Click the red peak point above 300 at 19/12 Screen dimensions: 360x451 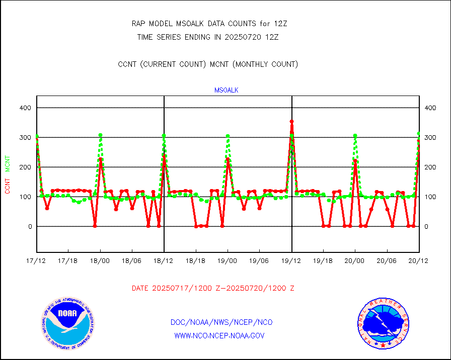pyautogui.click(x=291, y=122)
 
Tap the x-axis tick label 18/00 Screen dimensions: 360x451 pyautogui.click(x=100, y=260)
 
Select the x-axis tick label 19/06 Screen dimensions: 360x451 pyautogui.click(x=260, y=260)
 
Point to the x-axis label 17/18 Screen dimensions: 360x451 pyautogui.click(x=68, y=260)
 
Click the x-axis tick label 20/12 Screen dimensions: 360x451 pyautogui.click(x=419, y=260)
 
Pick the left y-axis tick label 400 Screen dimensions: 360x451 pyautogui.click(x=26, y=108)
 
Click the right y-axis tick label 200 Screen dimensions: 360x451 pyautogui.click(x=430, y=167)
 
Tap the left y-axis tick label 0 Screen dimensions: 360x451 pyautogui.click(x=29, y=226)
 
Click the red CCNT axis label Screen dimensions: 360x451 pyautogui.click(x=8, y=186)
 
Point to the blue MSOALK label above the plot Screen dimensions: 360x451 pyautogui.click(x=226, y=91)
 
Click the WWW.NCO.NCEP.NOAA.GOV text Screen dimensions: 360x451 pyautogui.click(x=219, y=335)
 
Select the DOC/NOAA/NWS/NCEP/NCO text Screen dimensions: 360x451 pyautogui.click(x=221, y=322)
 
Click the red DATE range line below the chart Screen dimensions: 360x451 pyautogui.click(x=213, y=289)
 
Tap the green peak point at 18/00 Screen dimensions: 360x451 pyautogui.click(x=101, y=135)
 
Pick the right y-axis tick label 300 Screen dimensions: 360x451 pyautogui.click(x=430, y=137)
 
